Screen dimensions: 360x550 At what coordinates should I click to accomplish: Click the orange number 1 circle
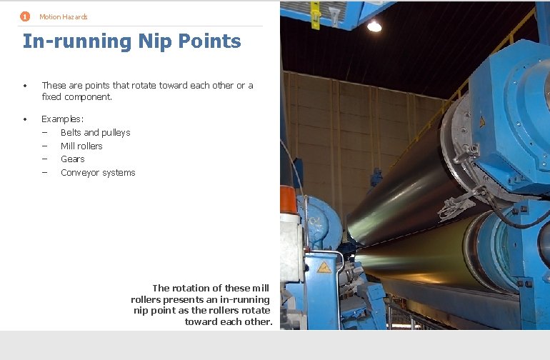coord(25,16)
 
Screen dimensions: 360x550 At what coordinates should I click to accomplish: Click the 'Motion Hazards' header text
coord(64,17)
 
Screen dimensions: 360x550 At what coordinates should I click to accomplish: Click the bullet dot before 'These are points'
coord(25,86)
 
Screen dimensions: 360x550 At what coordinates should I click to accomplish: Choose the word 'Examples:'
coord(63,119)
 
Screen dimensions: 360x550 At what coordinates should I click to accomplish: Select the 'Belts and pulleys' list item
coord(95,133)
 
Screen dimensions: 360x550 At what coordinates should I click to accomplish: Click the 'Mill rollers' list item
coord(81,146)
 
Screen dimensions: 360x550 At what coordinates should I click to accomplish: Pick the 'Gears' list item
coord(72,159)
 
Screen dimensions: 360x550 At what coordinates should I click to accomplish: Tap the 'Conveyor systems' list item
coord(98,173)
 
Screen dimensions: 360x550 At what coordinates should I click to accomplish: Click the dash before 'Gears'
coord(44,159)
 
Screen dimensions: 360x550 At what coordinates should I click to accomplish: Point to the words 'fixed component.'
coord(76,96)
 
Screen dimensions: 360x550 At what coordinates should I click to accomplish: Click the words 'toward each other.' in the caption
coord(229,321)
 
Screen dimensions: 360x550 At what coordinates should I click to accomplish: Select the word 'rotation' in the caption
coord(195,289)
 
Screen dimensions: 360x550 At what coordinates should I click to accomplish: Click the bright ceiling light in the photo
coord(374,26)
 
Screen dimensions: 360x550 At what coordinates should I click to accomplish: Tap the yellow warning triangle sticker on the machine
coord(324,268)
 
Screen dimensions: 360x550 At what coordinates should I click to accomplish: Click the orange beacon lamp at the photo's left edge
coord(288,198)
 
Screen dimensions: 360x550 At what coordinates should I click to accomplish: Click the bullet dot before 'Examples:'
coord(25,119)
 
